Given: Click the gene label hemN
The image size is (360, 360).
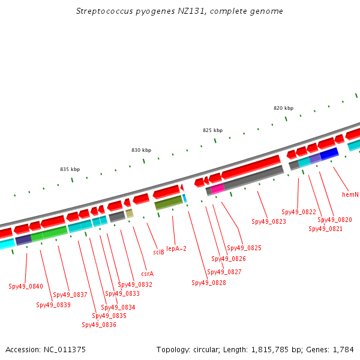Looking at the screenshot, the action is pos(350,194).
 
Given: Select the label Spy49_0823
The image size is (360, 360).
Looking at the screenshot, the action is pos(269,221).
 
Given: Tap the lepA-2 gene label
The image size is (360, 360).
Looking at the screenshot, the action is pos(176,248).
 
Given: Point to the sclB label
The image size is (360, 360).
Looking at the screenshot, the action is pos(158,252).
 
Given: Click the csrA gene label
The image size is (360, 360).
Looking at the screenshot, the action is pos(148,274).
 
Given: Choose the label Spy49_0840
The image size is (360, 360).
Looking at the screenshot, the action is pos(26,286).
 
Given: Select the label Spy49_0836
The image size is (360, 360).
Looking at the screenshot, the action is pos(99,325).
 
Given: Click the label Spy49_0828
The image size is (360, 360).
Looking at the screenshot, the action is pos(209,283).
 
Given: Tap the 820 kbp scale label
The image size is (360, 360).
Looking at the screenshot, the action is pos(284,108).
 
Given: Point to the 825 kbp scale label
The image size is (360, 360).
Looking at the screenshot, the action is pos(213,130).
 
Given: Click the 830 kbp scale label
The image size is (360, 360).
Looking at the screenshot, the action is pos(142,150).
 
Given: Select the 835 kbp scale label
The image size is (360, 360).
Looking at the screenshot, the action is pos(70,169).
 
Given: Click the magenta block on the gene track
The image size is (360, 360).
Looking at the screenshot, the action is pos(217,189).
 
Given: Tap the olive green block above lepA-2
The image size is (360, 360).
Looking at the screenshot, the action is pos(169,203).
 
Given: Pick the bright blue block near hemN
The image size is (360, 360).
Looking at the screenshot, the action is pos(329,154).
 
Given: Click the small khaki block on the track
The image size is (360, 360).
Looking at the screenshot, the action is pos(130,214).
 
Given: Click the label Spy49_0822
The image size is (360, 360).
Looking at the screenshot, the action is pos(299,212).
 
